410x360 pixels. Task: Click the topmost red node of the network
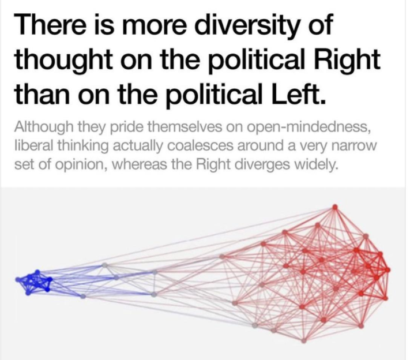pos(335,207)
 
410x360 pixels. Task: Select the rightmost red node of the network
pos(388,269)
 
